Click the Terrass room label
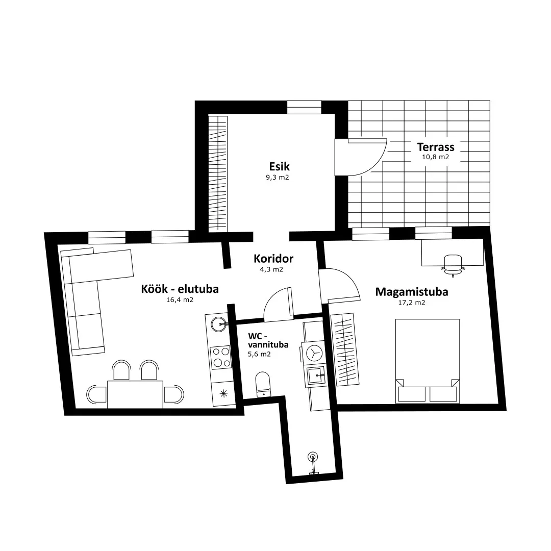tap(435, 147)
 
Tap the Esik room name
tap(280, 166)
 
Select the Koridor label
tap(273, 259)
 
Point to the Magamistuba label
tap(412, 292)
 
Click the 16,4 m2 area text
tap(180, 300)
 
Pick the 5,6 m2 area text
tap(259, 354)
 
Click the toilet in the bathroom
tap(263, 385)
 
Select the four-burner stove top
tap(220, 357)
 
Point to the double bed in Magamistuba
tap(428, 361)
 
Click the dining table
tap(135, 394)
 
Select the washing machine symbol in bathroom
tap(314, 353)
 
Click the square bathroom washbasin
tap(317, 375)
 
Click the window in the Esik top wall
tap(304, 107)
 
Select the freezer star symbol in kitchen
tap(223, 394)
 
